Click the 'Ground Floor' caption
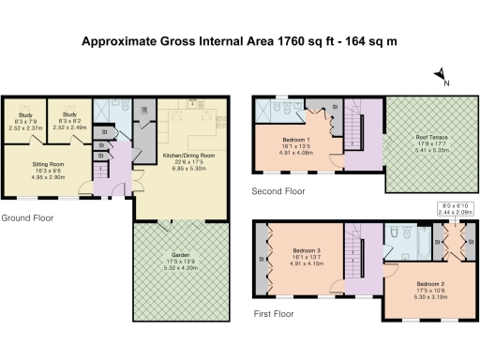coord(27,217)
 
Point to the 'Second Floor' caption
coord(277,190)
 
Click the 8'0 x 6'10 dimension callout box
coord(455,210)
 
